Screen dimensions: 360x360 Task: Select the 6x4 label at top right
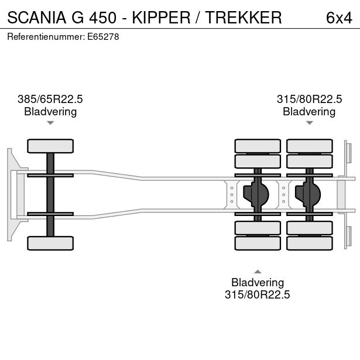(x=339, y=18)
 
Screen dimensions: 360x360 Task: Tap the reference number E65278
(x=104, y=37)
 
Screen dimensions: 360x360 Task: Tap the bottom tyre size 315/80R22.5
(x=258, y=295)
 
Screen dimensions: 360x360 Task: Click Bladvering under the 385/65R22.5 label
(x=50, y=112)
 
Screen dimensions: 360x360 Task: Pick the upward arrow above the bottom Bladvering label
(x=258, y=271)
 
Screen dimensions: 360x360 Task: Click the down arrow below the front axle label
(x=50, y=123)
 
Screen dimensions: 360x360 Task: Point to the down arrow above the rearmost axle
(x=309, y=123)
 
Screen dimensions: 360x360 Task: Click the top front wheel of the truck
(x=50, y=146)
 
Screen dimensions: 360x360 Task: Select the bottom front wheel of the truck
(x=50, y=243)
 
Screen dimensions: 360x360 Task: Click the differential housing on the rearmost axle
(x=309, y=194)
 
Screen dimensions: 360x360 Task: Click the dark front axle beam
(x=50, y=194)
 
